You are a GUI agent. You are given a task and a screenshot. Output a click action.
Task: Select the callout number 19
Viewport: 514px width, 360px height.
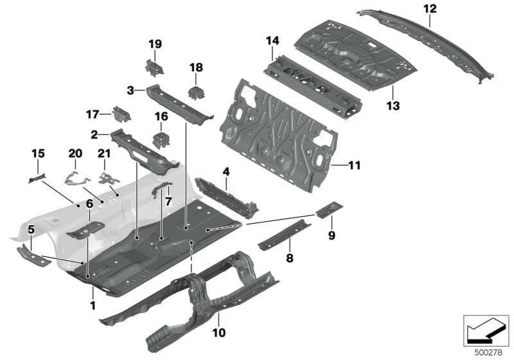pos(155,44)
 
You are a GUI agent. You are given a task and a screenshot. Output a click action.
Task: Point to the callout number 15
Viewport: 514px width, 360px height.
pos(38,153)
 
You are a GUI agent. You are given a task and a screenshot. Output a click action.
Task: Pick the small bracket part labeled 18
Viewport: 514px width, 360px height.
pos(195,93)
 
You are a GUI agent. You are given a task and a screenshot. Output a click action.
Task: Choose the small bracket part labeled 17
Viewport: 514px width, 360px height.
pos(121,115)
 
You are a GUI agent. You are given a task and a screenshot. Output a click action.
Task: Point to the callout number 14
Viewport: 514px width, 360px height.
pos(272,41)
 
